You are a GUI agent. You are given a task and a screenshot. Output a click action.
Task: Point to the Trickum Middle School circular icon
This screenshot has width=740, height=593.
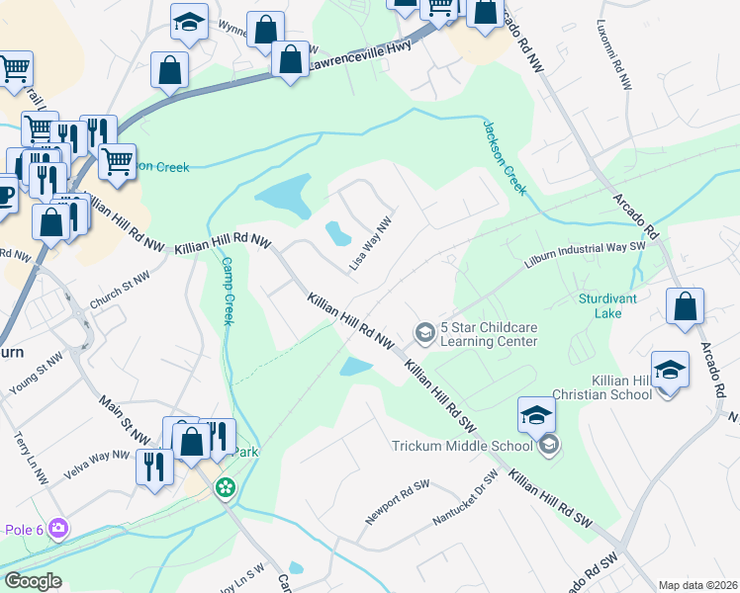pyautogui.click(x=548, y=445)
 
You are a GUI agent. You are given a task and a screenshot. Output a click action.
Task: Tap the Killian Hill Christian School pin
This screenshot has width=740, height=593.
pyautogui.click(x=670, y=372)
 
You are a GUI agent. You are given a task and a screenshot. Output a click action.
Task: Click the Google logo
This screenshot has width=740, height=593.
pyautogui.click(x=33, y=580)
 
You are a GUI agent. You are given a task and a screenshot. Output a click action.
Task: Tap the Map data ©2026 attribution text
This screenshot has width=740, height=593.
pyautogui.click(x=697, y=585)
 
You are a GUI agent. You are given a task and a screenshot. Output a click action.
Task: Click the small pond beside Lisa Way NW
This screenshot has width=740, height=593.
pyautogui.click(x=338, y=233)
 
